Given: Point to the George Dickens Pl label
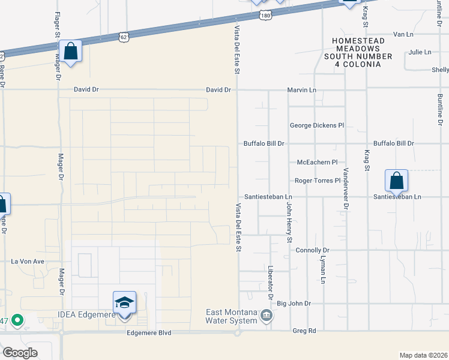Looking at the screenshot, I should point(317,125).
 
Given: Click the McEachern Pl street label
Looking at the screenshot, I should point(318,162).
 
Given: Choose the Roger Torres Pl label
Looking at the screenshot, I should point(318,181).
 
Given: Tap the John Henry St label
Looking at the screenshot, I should point(289,222).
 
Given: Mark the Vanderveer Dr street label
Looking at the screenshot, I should point(346,189).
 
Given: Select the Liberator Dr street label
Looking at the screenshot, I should point(271,284).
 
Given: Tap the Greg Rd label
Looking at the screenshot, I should point(304,331).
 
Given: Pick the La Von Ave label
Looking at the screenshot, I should point(28,262).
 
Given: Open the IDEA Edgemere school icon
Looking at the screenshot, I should point(124,302).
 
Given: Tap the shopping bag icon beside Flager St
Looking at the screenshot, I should point(70,52).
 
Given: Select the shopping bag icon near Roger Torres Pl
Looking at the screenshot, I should point(396,181).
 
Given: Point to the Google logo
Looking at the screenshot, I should point(20,353).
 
